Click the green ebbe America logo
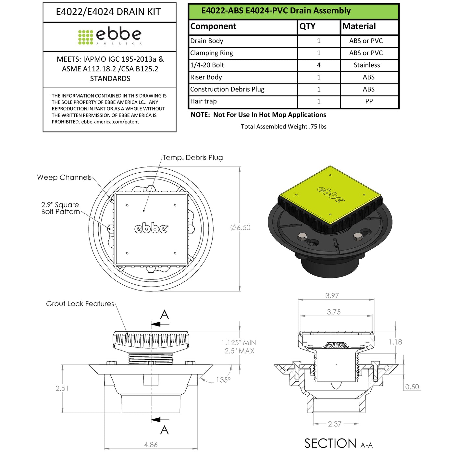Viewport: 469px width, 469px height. pyautogui.click(x=110, y=36)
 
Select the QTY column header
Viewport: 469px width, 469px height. pyautogui.click(x=307, y=26)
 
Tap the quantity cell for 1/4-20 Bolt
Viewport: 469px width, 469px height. pyautogui.click(x=318, y=65)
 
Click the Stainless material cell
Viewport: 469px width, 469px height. pyautogui.click(x=366, y=65)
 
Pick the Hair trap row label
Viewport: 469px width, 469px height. pyautogui.click(x=204, y=101)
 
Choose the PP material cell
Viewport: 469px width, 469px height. pyautogui.click(x=369, y=101)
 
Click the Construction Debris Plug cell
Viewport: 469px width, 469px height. pyautogui.click(x=227, y=89)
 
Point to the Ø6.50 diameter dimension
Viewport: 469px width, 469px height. pyautogui.click(x=241, y=228)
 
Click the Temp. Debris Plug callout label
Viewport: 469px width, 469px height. pyautogui.click(x=192, y=158)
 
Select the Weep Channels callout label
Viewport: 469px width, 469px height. pyautogui.click(x=64, y=178)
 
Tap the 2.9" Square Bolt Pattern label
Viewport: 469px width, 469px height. pyautogui.click(x=60, y=208)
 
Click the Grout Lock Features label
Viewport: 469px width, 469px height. pyautogui.click(x=80, y=304)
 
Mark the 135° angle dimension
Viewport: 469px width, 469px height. pyautogui.click(x=223, y=380)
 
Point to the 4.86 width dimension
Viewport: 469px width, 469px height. pyautogui.click(x=151, y=445)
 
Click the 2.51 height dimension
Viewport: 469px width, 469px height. pyautogui.click(x=62, y=388)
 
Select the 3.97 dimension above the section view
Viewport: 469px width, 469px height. pyautogui.click(x=332, y=296)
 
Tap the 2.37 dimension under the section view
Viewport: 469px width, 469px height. pyautogui.click(x=335, y=424)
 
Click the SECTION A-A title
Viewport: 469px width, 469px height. pyautogui.click(x=338, y=443)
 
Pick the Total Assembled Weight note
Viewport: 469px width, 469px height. pyautogui.click(x=283, y=127)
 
